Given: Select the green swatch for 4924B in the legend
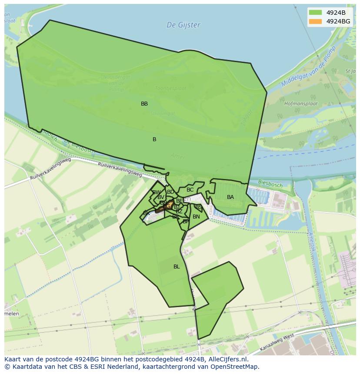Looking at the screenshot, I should pyautogui.click(x=315, y=12).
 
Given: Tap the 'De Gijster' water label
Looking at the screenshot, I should pyautogui.click(x=183, y=25).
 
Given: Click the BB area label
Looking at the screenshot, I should pyautogui.click(x=144, y=104).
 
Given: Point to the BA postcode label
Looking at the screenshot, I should pyautogui.click(x=230, y=197).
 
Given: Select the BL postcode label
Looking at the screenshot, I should pyautogui.click(x=177, y=267).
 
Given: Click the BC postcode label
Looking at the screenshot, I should pyautogui.click(x=190, y=190).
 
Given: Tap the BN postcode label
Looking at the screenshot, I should pyautogui.click(x=196, y=217).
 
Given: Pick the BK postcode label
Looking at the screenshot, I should pyautogui.click(x=147, y=213).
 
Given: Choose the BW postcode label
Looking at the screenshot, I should pyautogui.click(x=156, y=192).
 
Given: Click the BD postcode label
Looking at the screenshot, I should pyautogui.click(x=170, y=192).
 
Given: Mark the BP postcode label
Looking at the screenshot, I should pyautogui.click(x=186, y=222).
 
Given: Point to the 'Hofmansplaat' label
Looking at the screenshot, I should pyautogui.click(x=301, y=104).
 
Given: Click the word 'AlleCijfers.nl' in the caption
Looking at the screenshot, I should pyautogui.click(x=227, y=360).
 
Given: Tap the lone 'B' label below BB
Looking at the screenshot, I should pyautogui.click(x=154, y=139).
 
